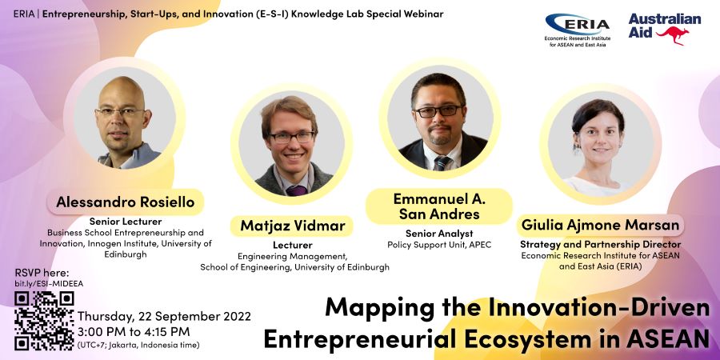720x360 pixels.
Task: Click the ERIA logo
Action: point(577,30)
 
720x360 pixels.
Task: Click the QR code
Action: point(44,321)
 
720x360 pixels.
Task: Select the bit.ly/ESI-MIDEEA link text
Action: point(49,284)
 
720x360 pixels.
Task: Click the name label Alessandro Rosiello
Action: point(126,202)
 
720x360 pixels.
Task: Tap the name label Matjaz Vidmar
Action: point(292,226)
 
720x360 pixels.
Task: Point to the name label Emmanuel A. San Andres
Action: point(439,206)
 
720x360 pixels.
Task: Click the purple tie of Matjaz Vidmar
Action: point(297,190)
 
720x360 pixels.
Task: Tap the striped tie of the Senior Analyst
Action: point(442,163)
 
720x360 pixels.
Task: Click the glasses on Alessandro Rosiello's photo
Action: point(120,111)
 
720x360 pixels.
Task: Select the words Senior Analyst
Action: point(439,234)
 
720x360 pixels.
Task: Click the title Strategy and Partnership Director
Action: point(600,245)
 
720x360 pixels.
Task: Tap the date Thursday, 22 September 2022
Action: point(164,316)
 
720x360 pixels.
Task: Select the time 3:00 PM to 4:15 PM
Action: point(134,331)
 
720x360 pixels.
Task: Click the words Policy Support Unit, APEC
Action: point(439,245)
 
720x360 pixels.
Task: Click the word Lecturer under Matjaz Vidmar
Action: point(293,245)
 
